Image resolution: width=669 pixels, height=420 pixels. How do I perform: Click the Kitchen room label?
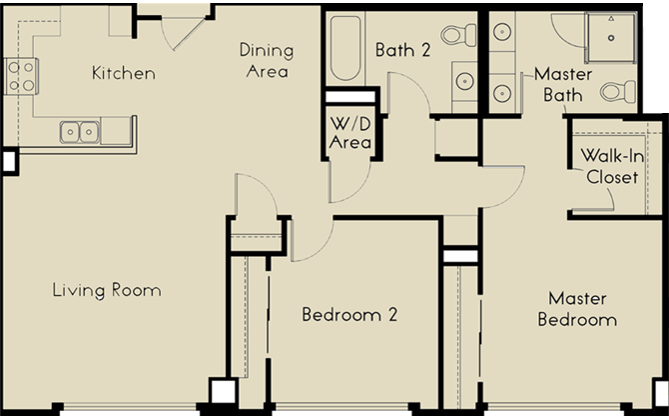[x=123, y=73]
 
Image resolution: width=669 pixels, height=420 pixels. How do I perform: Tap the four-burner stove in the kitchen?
[x=22, y=75]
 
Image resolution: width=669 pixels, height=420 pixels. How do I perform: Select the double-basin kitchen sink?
[x=79, y=130]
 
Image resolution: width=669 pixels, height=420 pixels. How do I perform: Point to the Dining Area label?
[x=265, y=60]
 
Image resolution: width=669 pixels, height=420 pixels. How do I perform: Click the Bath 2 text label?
[x=402, y=49]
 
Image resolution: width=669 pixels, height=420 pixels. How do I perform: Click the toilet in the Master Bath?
[x=617, y=92]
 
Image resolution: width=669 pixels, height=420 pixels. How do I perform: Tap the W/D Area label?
[x=351, y=133]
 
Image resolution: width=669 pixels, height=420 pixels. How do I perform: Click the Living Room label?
[x=107, y=291]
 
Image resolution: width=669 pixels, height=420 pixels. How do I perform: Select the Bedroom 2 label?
[x=349, y=315]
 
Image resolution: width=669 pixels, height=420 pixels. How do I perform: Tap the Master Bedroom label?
[x=576, y=309]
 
